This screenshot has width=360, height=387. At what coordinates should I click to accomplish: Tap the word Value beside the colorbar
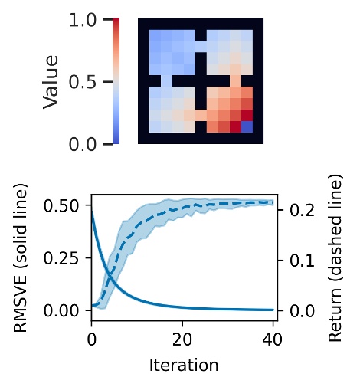click(x=51, y=81)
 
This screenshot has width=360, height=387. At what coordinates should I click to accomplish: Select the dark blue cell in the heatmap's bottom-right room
click(x=246, y=126)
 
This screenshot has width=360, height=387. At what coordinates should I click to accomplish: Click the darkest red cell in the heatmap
click(x=246, y=115)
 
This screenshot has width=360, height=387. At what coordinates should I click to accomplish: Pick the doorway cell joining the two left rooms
click(x=165, y=80)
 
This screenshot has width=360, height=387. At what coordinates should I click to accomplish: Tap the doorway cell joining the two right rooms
click(x=234, y=80)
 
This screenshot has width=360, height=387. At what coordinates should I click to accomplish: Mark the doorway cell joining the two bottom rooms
click(x=200, y=115)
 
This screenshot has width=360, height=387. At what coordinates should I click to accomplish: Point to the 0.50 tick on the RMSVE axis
click(x=66, y=205)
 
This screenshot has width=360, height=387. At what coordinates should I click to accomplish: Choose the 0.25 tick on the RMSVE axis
click(x=66, y=257)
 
